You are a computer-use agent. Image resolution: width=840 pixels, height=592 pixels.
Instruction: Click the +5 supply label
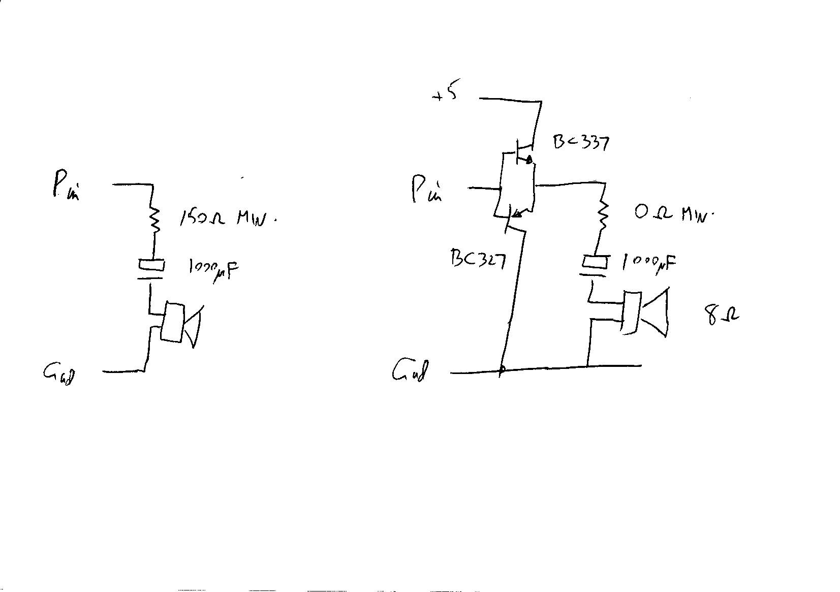click(x=445, y=94)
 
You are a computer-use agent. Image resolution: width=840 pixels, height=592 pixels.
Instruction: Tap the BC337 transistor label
click(x=581, y=142)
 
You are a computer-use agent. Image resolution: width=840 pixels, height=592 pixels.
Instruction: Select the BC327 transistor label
click(x=478, y=259)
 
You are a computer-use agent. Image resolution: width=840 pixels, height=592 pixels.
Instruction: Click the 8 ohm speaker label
click(x=722, y=315)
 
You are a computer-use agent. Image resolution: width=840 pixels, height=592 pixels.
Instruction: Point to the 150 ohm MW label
click(x=228, y=218)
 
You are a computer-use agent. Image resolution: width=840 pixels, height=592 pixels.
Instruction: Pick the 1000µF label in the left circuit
click(x=213, y=269)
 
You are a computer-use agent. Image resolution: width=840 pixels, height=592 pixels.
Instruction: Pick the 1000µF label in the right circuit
click(x=649, y=263)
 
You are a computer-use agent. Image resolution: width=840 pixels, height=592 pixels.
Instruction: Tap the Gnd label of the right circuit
click(x=410, y=370)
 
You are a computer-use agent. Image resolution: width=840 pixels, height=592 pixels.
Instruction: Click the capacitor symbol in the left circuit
click(x=151, y=270)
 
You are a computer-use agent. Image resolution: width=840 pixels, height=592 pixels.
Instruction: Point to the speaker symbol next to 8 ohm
click(x=643, y=313)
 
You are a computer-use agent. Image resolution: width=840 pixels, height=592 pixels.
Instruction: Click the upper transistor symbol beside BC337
click(x=523, y=152)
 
